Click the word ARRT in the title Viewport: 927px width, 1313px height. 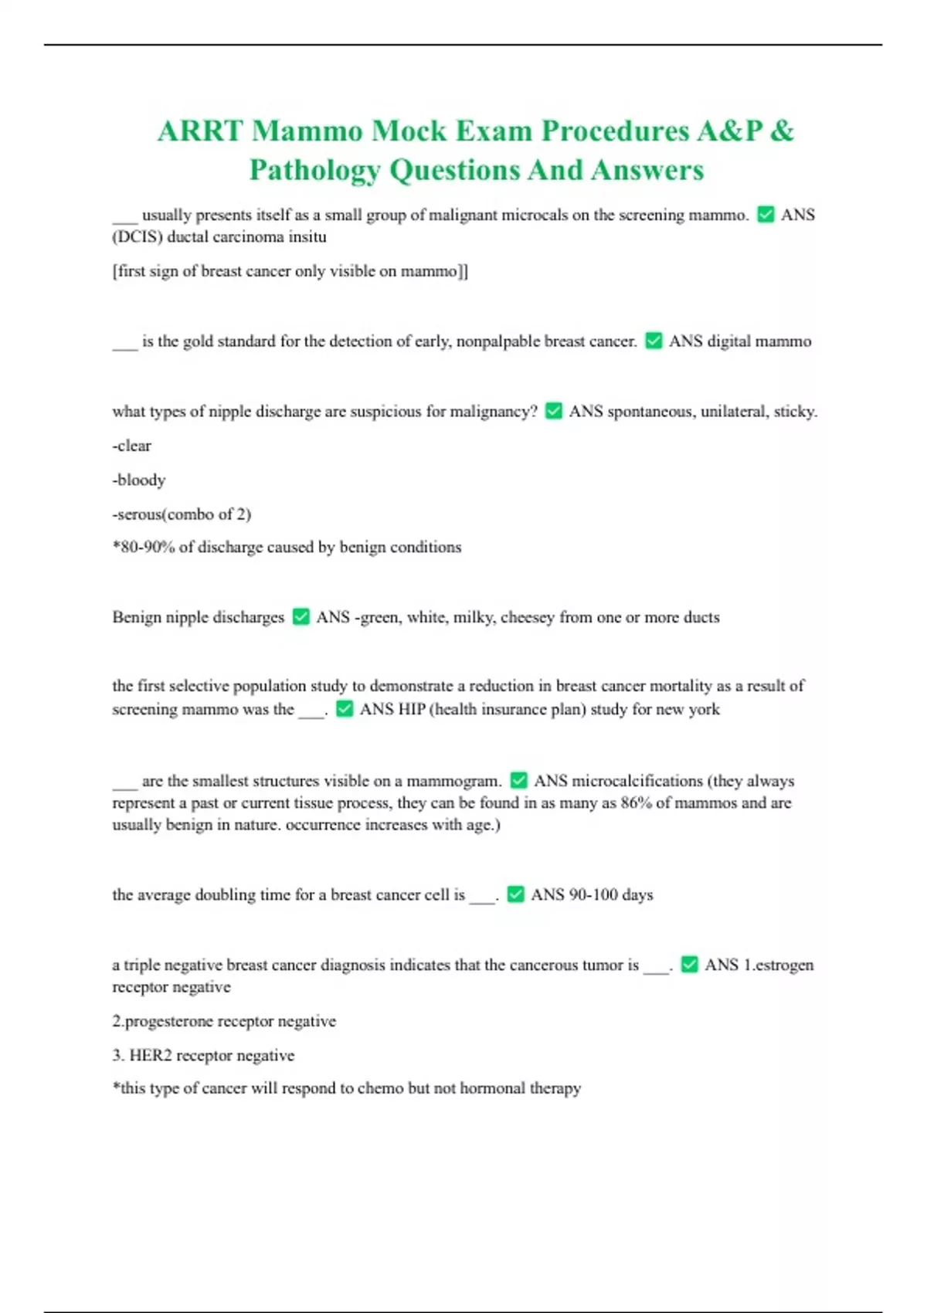[200, 131]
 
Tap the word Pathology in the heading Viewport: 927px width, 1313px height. [314, 170]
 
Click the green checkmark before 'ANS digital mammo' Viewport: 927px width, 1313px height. [654, 341]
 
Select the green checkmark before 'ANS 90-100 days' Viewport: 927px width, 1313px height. [516, 894]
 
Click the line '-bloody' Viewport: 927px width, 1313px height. [139, 480]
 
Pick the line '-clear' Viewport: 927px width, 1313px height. [132, 446]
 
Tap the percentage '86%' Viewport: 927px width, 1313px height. [636, 803]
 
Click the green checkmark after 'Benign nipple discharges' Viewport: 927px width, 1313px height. [301, 617]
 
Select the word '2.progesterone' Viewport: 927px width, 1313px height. [162, 1021]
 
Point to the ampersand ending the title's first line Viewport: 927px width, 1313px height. [782, 131]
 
